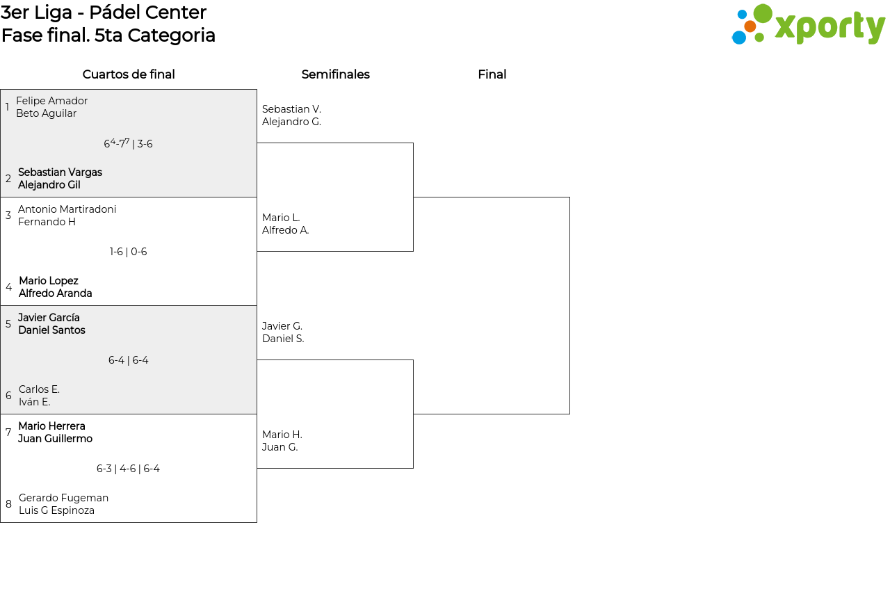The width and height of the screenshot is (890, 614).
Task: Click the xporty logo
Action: click(809, 24)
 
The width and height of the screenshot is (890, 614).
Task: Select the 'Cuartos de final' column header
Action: click(129, 74)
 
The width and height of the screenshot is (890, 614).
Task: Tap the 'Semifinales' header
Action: click(335, 74)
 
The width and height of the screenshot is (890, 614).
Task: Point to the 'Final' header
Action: click(492, 74)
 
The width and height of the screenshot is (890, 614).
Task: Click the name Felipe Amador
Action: click(51, 101)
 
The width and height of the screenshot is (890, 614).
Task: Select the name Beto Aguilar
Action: click(46, 113)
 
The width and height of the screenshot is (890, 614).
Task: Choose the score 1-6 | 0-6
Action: click(128, 252)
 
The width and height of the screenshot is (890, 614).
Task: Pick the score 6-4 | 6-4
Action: click(129, 360)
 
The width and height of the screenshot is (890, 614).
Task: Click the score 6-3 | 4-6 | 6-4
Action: click(128, 469)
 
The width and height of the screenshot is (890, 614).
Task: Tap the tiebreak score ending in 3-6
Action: click(128, 143)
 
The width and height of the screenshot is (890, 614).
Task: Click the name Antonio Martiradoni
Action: click(67, 209)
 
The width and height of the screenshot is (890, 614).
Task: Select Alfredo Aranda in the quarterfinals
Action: click(55, 293)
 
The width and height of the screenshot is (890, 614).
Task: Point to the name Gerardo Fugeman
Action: click(63, 498)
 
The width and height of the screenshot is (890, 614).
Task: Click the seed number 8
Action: click(9, 504)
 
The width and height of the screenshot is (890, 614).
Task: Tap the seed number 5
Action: click(8, 324)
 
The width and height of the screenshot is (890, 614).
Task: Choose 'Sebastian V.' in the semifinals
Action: click(291, 109)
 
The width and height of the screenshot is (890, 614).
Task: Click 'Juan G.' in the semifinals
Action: click(280, 447)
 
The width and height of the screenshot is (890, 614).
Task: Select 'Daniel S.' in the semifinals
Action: click(283, 339)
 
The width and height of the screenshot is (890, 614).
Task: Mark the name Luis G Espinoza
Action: click(56, 510)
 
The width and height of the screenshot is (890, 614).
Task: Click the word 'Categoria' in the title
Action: click(171, 35)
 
